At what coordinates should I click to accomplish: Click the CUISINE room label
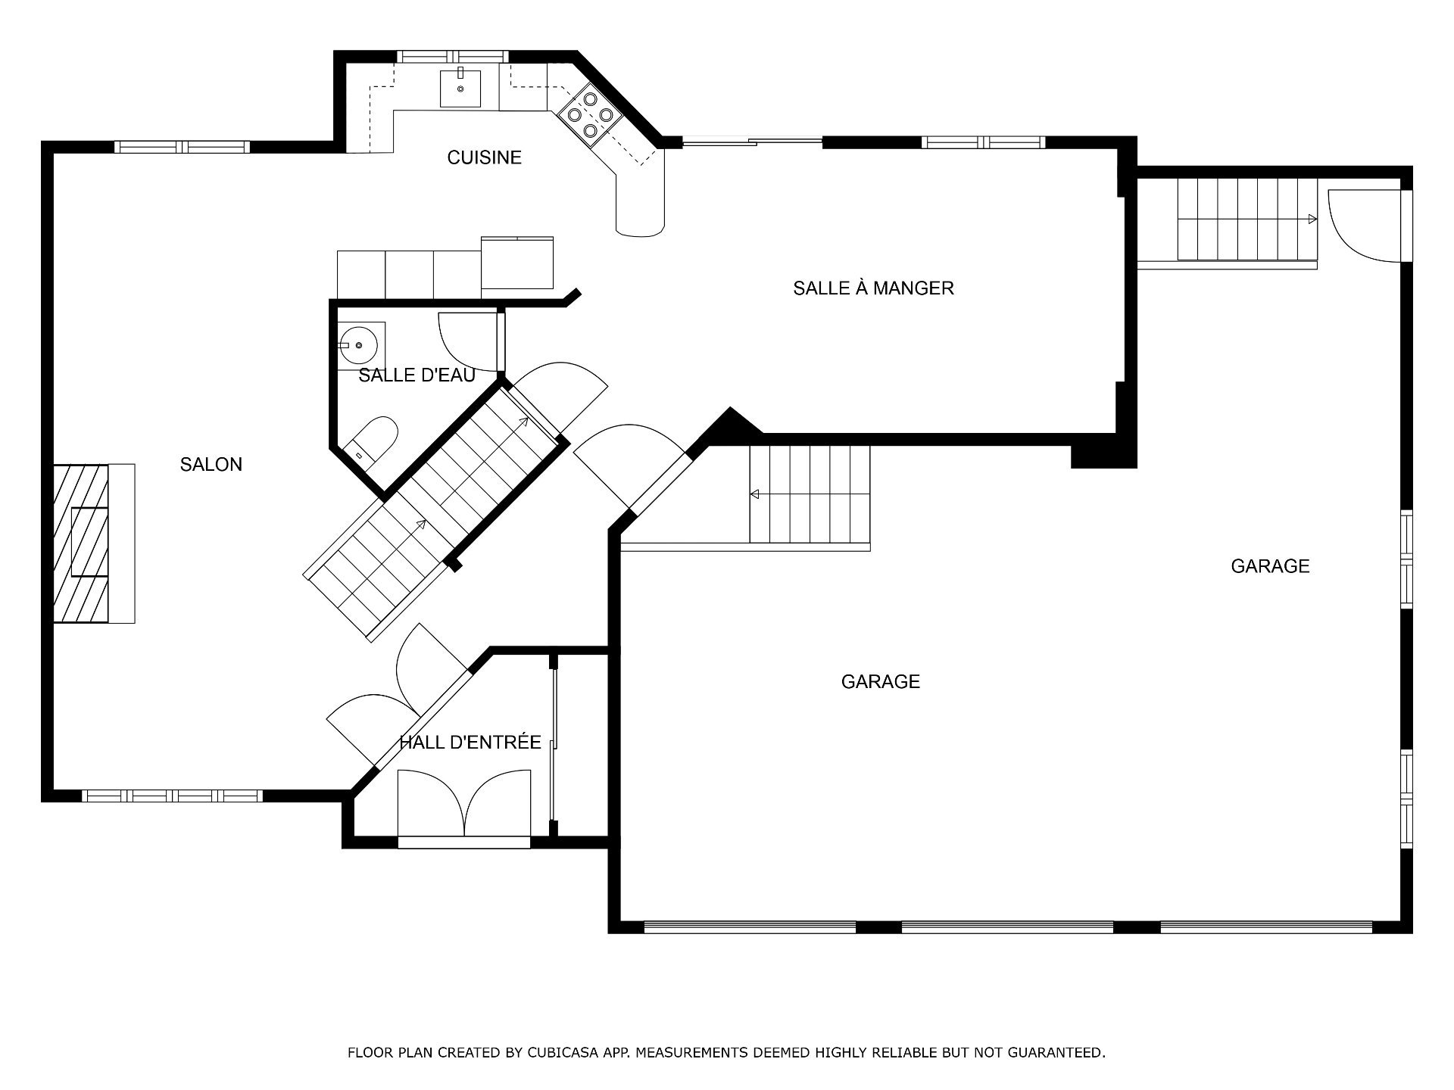[484, 157]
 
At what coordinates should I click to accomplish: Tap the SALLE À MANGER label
[873, 288]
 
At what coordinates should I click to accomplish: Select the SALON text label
[211, 465]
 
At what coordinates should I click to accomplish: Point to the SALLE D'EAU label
[417, 375]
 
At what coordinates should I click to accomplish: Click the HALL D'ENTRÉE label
[470, 742]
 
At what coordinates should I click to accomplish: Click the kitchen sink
[460, 87]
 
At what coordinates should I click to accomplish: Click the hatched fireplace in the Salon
[81, 543]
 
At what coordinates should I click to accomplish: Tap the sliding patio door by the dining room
[752, 141]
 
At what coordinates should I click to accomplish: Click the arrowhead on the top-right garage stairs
[1312, 220]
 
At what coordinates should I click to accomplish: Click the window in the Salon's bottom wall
[172, 796]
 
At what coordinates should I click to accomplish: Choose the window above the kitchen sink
[451, 56]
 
